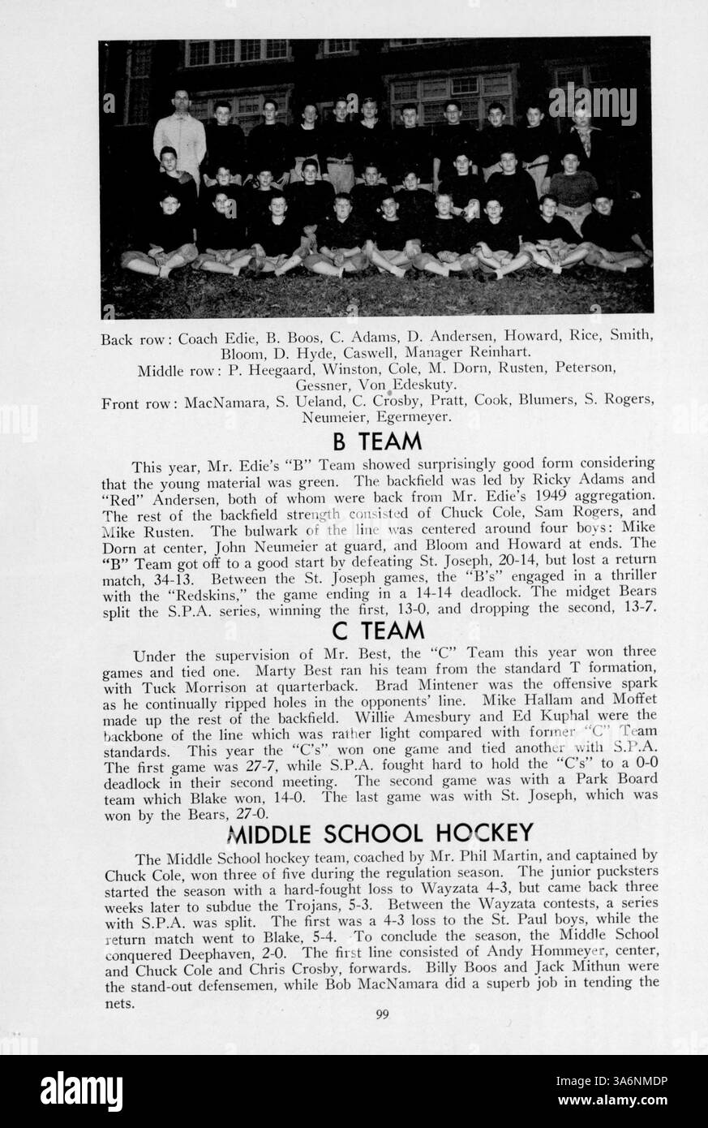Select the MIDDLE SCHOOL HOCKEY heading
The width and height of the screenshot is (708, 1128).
click(380, 833)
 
